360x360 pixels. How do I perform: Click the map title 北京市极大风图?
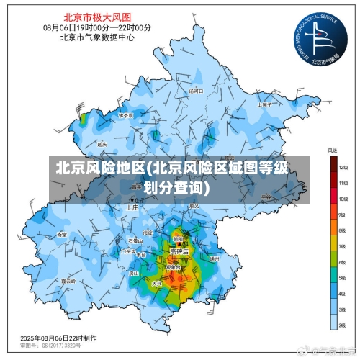coord(97,16)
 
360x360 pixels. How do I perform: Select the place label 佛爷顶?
coord(126,115)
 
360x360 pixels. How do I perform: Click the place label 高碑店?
coord(179,251)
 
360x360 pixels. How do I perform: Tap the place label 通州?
coord(213,258)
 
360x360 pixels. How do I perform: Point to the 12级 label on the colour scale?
coord(343,167)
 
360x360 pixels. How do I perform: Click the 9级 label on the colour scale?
coord(343,215)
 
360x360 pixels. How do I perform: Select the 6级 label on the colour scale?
coord(343,263)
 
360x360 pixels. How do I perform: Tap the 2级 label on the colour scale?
coord(343,326)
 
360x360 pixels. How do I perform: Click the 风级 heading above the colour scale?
coord(333,150)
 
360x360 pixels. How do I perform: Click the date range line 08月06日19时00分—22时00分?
coord(97,27)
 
